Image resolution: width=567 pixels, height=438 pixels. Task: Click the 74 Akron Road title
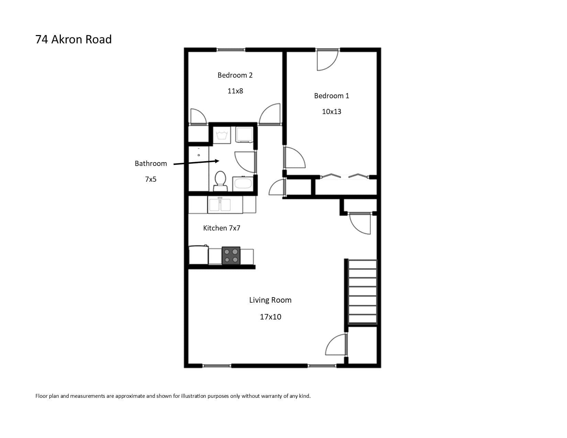coord(73,40)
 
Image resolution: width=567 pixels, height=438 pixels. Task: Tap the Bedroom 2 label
coord(235,75)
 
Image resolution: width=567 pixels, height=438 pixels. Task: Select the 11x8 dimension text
coord(235,91)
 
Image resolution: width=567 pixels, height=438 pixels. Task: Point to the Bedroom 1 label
coord(331,96)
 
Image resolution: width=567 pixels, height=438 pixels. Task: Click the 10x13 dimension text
coord(331,111)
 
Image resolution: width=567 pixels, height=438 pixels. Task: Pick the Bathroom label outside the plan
coord(151,164)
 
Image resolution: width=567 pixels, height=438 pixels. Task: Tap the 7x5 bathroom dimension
coord(151,179)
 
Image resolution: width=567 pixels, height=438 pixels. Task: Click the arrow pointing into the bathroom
coord(196,162)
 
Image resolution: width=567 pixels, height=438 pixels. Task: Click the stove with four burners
coord(231,256)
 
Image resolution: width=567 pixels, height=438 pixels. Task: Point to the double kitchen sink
coord(220,205)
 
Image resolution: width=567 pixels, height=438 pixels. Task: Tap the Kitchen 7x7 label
coord(222,228)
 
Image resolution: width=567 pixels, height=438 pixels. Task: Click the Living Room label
coord(270,300)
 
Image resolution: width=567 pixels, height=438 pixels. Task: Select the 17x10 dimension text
coord(270,317)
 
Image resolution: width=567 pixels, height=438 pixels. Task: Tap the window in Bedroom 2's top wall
coord(231,49)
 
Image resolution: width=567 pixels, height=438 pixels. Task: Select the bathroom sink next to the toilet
coord(243,184)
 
